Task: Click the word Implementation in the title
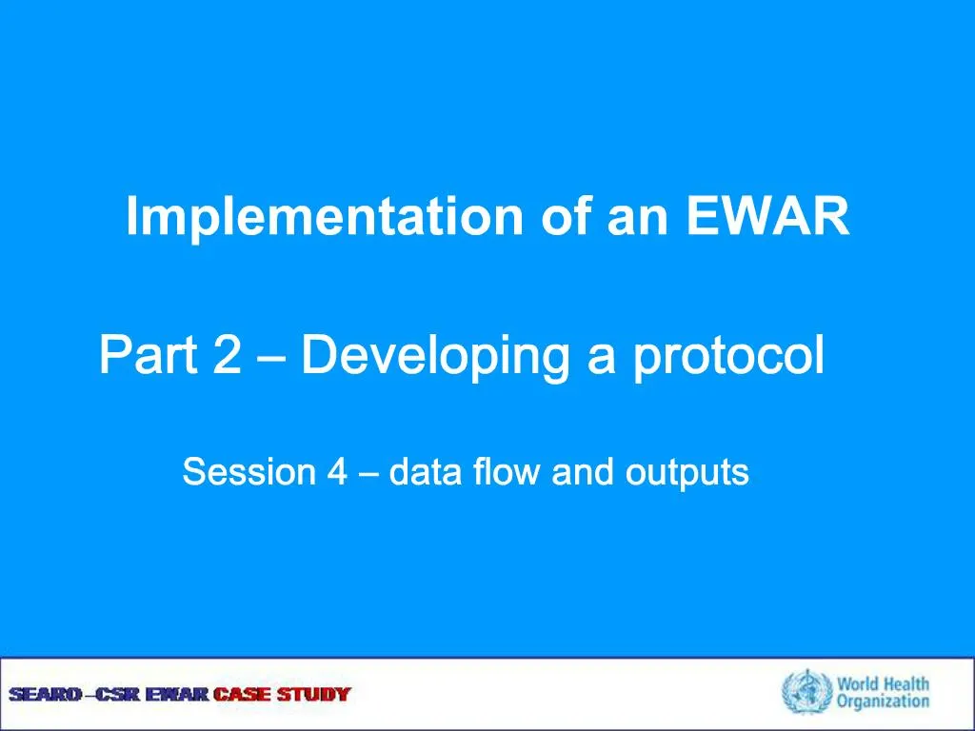(x=325, y=217)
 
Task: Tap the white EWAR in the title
(x=767, y=216)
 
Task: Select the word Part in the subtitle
(x=148, y=355)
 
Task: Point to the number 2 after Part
(x=227, y=354)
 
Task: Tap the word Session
(x=249, y=472)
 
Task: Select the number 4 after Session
(x=337, y=472)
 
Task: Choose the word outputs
(x=687, y=474)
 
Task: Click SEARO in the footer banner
(x=46, y=694)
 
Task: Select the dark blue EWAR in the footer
(x=177, y=694)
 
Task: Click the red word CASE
(x=243, y=694)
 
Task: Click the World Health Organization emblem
(x=806, y=692)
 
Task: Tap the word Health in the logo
(x=905, y=683)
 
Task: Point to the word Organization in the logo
(x=883, y=702)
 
